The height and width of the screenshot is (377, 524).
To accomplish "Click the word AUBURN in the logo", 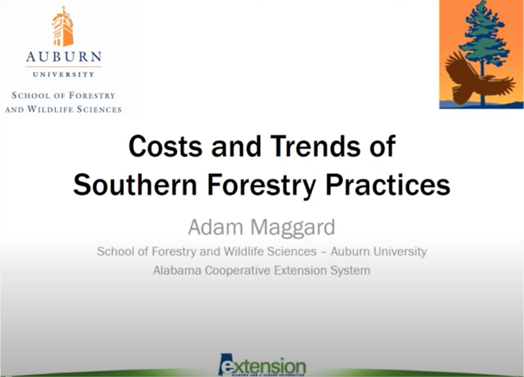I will pyautogui.click(x=63, y=57).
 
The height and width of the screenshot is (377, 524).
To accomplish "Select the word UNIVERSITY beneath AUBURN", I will pyautogui.click(x=63, y=74).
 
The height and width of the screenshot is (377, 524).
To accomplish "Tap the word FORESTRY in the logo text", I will pyautogui.click(x=92, y=96).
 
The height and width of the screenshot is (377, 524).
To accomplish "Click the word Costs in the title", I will pyautogui.click(x=166, y=146).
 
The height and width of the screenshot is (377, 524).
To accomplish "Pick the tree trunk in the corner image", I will pyautogui.click(x=483, y=88).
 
